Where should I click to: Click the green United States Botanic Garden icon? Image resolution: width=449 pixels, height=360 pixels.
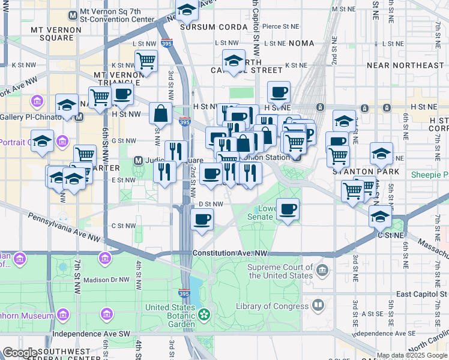click(204, 314)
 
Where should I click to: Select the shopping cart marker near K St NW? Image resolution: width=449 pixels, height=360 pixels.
click(146, 61)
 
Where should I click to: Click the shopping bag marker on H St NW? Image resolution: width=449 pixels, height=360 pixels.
click(161, 113)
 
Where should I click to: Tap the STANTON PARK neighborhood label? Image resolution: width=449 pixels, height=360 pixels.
click(357, 171)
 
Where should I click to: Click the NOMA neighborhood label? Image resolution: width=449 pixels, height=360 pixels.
click(301, 43)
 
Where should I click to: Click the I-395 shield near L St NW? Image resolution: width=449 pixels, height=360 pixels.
click(167, 44)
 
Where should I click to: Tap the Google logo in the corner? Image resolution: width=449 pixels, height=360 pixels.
click(20, 352)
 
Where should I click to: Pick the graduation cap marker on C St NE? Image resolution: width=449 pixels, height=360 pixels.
click(380, 216)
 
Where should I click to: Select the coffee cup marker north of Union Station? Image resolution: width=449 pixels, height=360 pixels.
click(279, 92)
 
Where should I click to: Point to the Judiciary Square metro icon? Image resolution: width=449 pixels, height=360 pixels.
click(137, 161)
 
